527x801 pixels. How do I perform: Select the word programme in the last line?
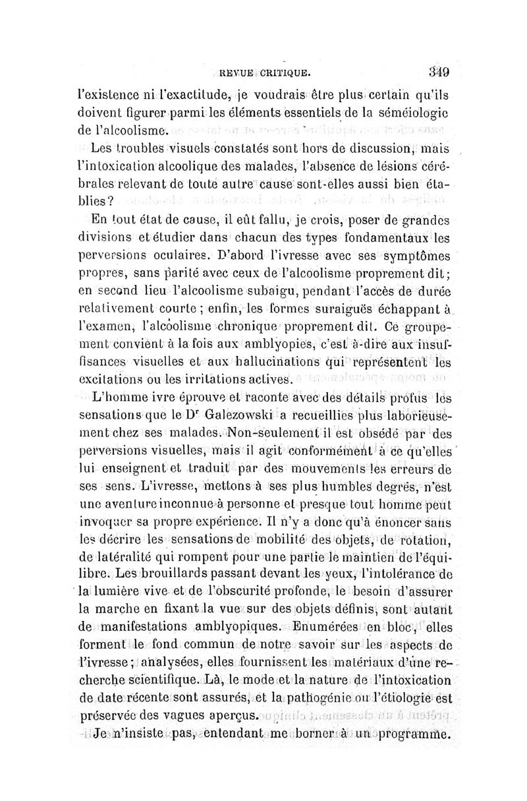point(410,734)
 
